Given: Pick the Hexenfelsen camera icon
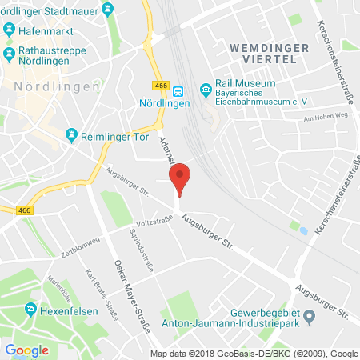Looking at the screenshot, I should pos(31,310).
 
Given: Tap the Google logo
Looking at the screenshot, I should pos(27,350).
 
